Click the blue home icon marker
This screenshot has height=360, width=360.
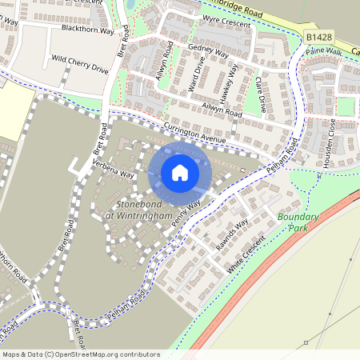point(179,173)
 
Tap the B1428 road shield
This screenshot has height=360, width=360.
point(318,37)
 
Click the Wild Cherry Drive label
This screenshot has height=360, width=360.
point(79,63)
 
